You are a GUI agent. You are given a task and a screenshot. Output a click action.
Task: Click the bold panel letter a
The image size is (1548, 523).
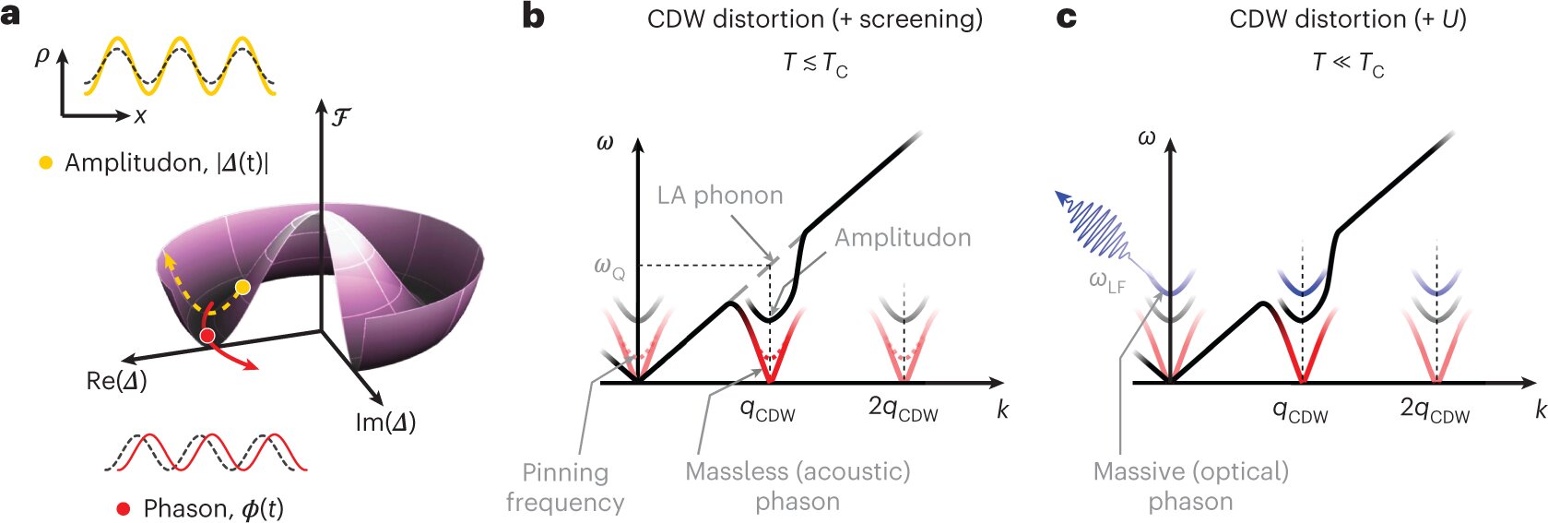pos(10,16)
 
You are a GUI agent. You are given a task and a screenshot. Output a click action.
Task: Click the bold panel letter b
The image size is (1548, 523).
pos(533,16)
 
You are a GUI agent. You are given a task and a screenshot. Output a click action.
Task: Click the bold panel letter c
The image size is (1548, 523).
pos(1066,17)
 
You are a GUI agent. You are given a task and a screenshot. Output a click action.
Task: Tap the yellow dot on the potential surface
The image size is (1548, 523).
pos(242,288)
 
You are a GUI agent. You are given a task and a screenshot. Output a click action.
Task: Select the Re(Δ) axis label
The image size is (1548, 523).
pos(116,381)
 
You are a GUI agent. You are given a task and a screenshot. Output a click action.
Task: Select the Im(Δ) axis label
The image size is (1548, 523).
pos(385,422)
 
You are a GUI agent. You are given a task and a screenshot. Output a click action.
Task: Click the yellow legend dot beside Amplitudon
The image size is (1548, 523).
pos(45,163)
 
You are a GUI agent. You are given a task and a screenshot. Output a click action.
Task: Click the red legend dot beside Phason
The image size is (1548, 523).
pos(124,508)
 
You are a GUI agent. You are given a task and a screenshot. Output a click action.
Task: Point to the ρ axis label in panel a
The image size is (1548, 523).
pos(42,56)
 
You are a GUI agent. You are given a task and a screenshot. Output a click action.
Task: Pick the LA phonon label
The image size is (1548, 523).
pos(720,196)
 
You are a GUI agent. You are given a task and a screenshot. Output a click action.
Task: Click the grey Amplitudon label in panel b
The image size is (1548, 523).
pos(903,238)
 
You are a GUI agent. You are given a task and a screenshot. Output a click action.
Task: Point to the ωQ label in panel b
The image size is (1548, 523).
pos(609,267)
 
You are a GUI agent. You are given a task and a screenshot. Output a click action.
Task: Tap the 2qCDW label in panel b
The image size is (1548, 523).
pos(903,409)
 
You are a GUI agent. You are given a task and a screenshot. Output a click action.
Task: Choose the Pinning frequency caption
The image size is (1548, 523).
pos(565,487)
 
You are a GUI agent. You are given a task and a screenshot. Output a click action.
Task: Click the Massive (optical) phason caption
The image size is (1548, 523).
pos(1190,486)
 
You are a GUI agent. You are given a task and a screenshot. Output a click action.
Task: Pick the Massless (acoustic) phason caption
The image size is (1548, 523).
pos(798,486)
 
